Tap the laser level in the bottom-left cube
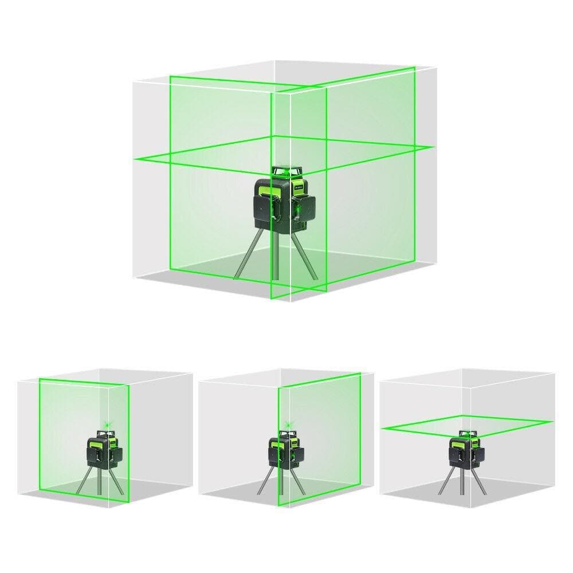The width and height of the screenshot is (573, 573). click(x=103, y=450)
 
